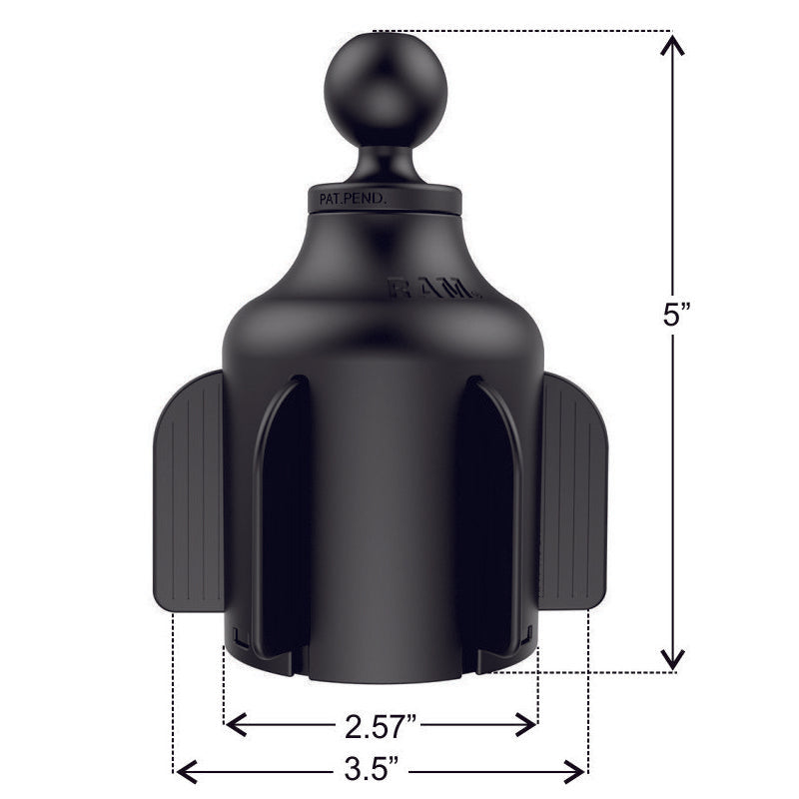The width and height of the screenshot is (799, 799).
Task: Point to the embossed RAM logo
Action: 433,291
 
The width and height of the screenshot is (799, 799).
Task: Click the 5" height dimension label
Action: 676,318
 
